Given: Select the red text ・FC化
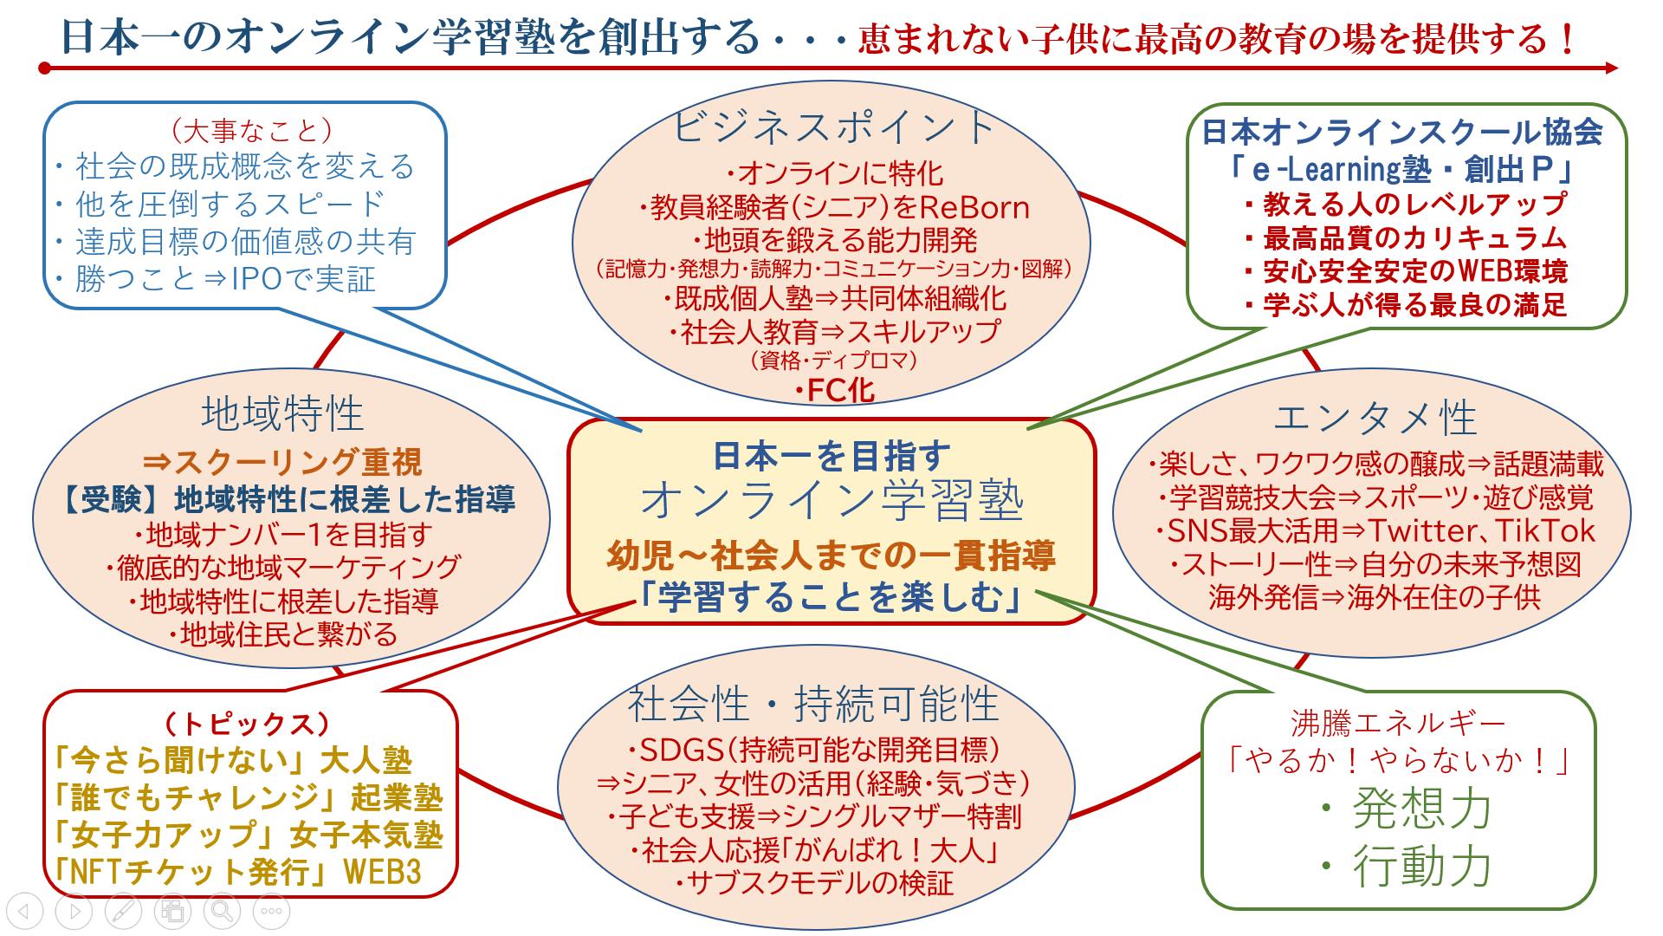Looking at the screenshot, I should tap(835, 391).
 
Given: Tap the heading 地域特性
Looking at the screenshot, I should tap(282, 414).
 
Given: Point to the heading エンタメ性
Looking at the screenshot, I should tap(1375, 419).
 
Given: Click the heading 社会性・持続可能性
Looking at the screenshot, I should tap(813, 704).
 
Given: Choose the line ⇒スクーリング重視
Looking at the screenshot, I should tap(282, 462).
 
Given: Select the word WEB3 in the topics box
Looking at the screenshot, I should tap(384, 871).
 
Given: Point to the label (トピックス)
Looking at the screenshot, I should tap(248, 723).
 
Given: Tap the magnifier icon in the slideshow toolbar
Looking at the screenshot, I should tap(223, 911).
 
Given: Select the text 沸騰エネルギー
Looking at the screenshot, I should tap(1397, 723).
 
